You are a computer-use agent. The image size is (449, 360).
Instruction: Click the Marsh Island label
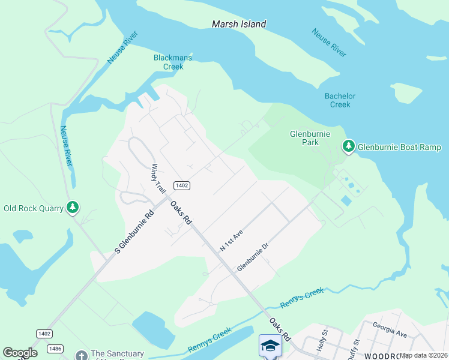coord(239,25)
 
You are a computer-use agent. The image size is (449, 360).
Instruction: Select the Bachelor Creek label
coord(340,100)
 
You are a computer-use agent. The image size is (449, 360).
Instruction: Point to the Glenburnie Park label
coord(310,139)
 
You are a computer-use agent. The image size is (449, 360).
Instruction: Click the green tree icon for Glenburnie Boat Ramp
coord(348,146)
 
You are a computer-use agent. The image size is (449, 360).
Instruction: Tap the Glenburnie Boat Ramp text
coord(399,147)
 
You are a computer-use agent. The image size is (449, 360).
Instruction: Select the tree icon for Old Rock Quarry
coord(73,208)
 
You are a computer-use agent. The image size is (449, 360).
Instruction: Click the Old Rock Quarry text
coord(34,209)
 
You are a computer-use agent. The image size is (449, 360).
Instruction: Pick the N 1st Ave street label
coord(231,239)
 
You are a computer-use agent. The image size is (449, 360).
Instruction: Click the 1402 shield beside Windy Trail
coord(182,185)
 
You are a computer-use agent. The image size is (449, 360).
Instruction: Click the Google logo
coord(20,353)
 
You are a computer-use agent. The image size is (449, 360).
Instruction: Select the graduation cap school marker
coord(270,346)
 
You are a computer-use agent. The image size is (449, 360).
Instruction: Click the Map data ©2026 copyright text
coord(424,355)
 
